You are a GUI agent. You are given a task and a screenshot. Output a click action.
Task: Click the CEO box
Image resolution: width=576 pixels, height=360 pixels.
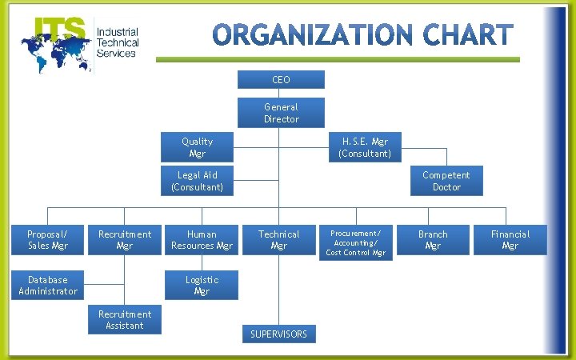(281, 80)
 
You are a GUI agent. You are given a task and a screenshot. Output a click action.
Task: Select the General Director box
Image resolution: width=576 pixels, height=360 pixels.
(281, 113)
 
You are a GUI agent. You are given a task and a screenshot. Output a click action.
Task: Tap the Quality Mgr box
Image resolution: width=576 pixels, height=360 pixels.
(197, 147)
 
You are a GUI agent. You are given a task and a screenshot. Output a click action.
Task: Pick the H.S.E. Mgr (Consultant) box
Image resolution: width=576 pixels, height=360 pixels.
(365, 147)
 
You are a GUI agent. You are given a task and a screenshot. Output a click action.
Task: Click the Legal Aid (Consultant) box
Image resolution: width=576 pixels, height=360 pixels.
(197, 181)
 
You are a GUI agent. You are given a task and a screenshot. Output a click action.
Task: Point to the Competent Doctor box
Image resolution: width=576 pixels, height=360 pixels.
(446, 181)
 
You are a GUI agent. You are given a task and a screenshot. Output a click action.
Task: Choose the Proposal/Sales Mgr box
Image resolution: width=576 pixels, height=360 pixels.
(47, 240)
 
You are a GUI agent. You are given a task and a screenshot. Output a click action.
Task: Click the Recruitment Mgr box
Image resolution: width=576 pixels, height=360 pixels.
(124, 240)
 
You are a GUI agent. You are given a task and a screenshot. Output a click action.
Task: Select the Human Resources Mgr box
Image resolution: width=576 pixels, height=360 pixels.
(202, 240)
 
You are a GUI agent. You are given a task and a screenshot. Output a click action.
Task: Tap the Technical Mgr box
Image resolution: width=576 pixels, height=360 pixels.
(278, 240)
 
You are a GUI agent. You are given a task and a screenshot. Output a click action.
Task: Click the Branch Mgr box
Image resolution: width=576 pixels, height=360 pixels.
(433, 240)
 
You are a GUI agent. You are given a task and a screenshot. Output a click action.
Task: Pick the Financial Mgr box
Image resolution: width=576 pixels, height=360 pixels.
(510, 240)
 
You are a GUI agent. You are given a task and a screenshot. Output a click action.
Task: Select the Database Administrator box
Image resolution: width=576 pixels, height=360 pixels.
(48, 286)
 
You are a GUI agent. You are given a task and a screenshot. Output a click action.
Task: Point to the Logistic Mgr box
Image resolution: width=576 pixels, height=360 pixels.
(202, 286)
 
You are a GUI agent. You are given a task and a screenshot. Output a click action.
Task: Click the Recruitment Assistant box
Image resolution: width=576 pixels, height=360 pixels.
(125, 320)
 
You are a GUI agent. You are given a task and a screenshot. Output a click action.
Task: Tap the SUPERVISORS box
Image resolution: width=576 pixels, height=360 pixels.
(278, 334)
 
